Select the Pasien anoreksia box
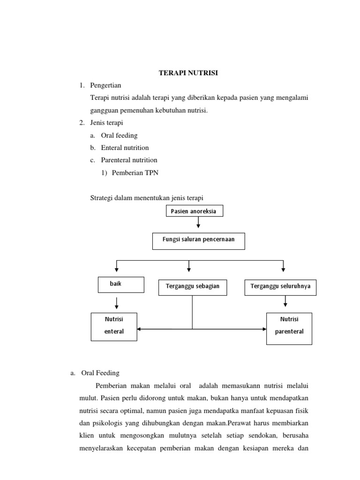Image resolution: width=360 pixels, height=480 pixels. click(x=194, y=211)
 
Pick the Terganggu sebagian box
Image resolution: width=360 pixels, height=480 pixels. click(x=192, y=287)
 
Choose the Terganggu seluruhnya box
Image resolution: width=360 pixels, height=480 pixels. click(x=280, y=287)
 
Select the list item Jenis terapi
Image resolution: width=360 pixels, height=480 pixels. click(x=106, y=123)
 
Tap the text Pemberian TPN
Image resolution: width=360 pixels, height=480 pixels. click(x=135, y=172)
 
